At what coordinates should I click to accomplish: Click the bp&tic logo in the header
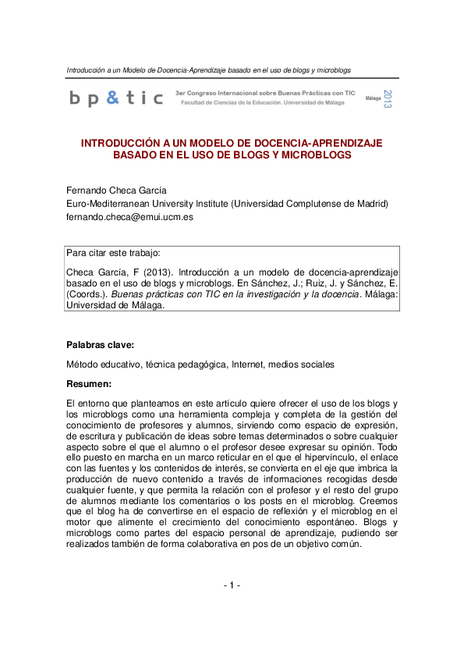116,98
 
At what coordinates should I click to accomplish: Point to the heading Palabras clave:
100,343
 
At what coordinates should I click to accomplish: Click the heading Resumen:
90,383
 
